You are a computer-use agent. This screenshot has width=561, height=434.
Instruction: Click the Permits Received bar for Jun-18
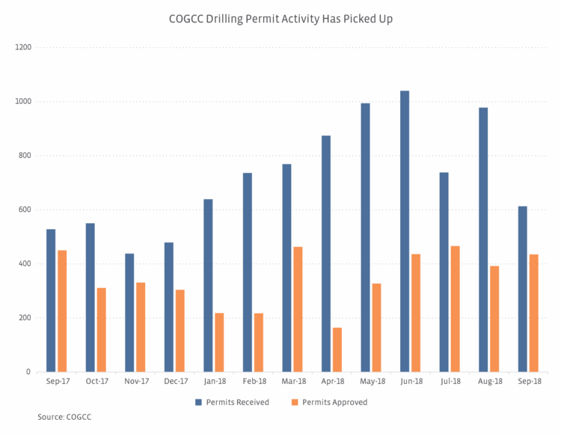[x=405, y=231]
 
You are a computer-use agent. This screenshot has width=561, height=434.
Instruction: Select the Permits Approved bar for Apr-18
[x=337, y=349]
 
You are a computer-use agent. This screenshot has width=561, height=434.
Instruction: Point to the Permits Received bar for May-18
[x=365, y=237]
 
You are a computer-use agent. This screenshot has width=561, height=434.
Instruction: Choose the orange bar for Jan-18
[x=219, y=342]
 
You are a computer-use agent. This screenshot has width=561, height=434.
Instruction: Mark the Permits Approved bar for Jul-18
[x=455, y=308]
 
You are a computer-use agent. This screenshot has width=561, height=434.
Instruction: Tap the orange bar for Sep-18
[x=534, y=313]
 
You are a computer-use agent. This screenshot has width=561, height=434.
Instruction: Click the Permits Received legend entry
[x=232, y=402]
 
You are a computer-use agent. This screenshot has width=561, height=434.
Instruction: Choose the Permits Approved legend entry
[x=330, y=402]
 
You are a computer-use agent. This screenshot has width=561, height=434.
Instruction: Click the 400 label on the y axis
[x=25, y=263]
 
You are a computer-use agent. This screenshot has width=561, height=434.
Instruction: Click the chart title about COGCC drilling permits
[x=280, y=19]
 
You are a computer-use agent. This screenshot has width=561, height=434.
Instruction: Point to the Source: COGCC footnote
[x=64, y=416]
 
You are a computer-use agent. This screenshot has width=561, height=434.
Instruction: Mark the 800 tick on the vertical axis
[x=25, y=156]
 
